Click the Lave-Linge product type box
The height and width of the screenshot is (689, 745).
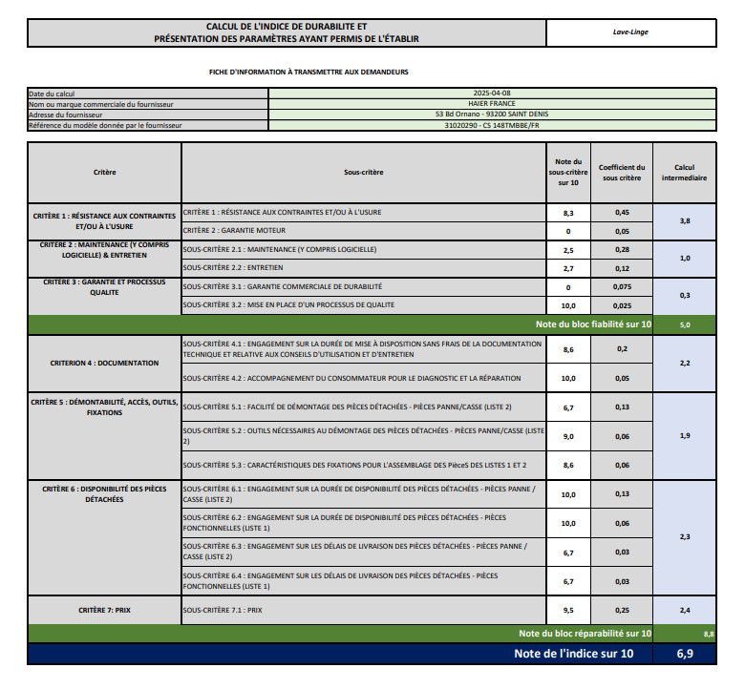tap(630, 31)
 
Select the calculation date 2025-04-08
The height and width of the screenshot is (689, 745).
tap(491, 94)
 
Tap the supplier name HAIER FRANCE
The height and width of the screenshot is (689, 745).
tap(491, 104)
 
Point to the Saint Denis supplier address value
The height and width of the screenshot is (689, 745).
tap(491, 115)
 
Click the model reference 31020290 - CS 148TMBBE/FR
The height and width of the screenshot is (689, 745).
tap(491, 125)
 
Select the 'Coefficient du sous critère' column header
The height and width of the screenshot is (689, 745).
tap(622, 173)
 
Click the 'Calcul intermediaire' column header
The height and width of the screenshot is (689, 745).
tap(684, 173)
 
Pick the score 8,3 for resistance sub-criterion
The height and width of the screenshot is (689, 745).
tap(567, 212)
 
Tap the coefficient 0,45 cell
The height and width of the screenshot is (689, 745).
tap(622, 212)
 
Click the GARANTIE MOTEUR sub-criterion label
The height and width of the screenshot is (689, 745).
tap(225, 231)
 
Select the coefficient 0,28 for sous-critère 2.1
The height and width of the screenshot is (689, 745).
tap(622, 250)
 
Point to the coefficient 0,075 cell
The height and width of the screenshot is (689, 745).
tap(622, 287)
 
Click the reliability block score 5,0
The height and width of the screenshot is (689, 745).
tap(684, 324)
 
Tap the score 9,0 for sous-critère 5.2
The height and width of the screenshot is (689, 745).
tap(567, 436)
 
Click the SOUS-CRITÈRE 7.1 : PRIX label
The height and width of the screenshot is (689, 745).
tap(222, 609)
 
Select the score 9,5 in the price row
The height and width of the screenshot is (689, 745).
tap(567, 609)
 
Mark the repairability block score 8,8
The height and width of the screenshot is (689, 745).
tap(708, 634)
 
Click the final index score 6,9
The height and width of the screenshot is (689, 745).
tap(684, 654)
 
